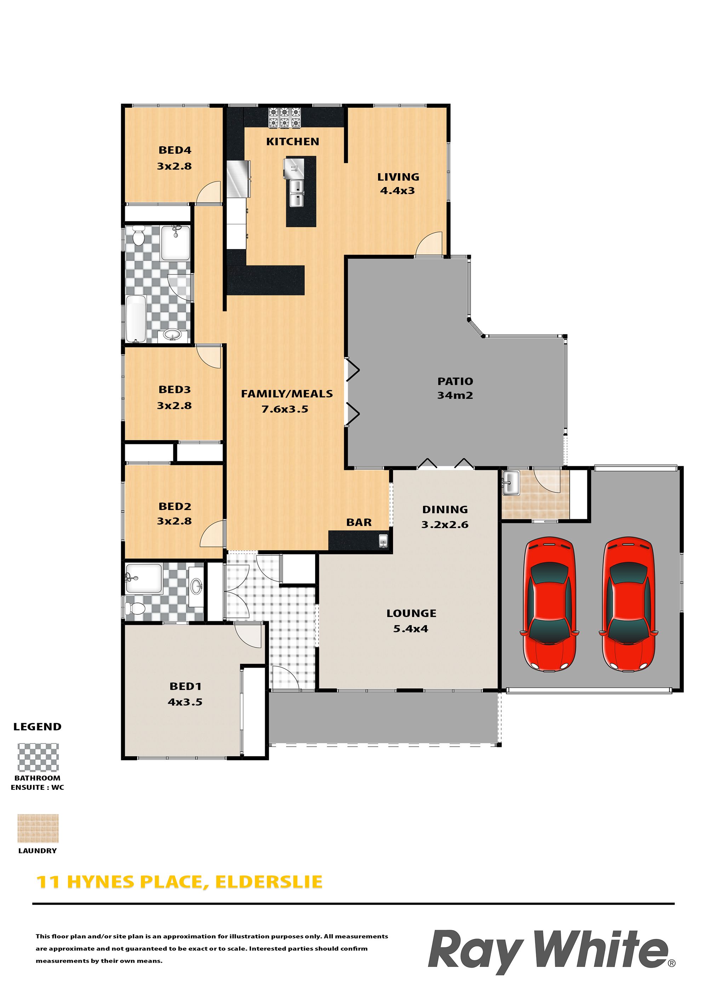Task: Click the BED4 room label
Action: [x=175, y=150]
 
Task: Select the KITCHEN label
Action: [x=293, y=141]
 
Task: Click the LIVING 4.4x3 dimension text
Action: [x=398, y=191]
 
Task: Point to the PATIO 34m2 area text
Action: [x=455, y=395]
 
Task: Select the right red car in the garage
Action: [x=628, y=604]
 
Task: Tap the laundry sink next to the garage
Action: [x=510, y=483]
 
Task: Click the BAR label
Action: [x=359, y=522]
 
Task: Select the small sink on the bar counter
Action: [x=383, y=541]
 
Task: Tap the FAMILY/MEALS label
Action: [x=287, y=394]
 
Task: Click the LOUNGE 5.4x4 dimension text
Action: [x=411, y=629]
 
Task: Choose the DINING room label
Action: [x=445, y=509]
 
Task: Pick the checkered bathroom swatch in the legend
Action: [x=38, y=758]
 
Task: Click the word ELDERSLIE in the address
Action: [x=269, y=882]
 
